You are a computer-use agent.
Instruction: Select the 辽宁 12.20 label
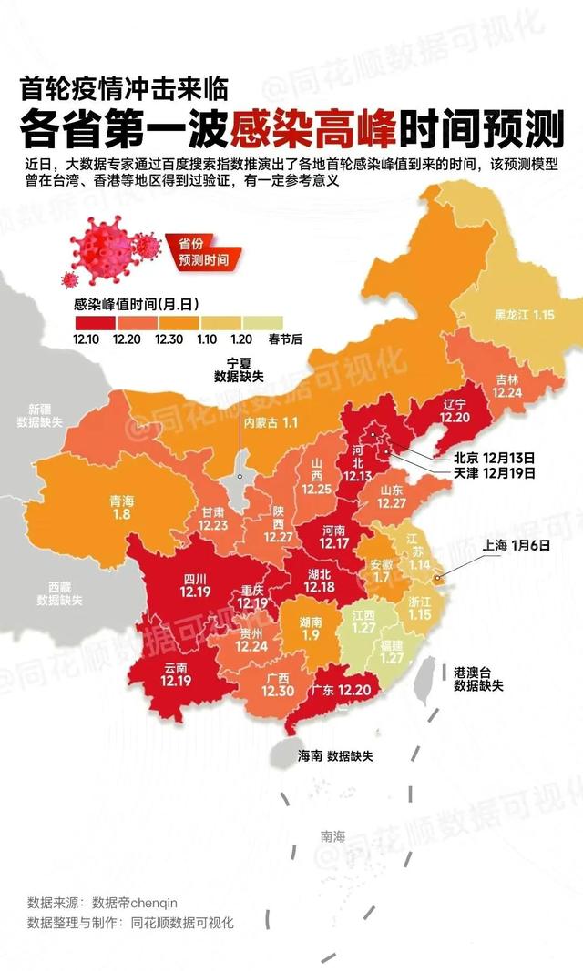(453, 409)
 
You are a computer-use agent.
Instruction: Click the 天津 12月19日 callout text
(494, 473)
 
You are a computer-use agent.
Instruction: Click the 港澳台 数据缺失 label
(478, 678)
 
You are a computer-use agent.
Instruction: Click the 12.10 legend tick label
(87, 339)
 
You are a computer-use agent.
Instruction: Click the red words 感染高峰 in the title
(313, 130)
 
